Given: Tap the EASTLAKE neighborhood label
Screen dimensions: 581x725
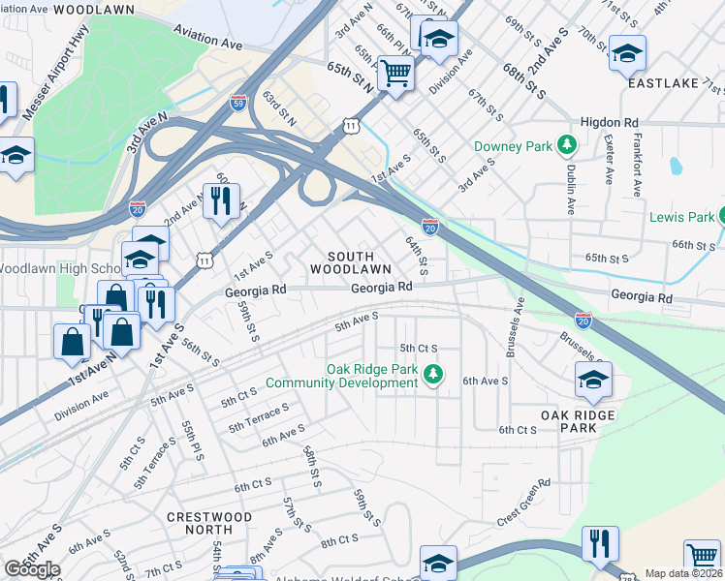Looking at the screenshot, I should click(663, 84).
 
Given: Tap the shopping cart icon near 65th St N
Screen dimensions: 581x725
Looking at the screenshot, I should click(395, 73).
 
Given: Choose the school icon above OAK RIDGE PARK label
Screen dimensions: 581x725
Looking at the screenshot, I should click(593, 381).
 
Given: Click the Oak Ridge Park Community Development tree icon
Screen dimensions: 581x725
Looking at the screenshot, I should click(434, 373).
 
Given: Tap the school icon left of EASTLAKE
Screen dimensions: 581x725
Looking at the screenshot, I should click(626, 52).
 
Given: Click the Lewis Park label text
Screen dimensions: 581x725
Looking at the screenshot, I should click(681, 217).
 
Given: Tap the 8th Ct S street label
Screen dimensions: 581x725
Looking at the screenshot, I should click(340, 538).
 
